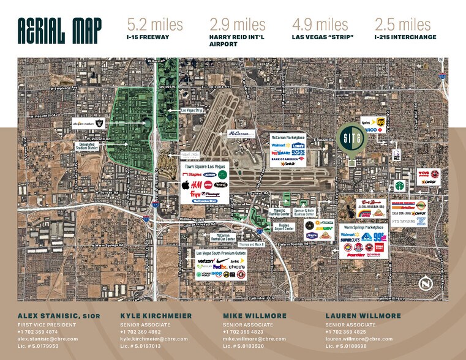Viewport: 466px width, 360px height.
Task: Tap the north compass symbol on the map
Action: coord(426,283)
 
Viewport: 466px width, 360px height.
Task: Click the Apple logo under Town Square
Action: coord(184,184)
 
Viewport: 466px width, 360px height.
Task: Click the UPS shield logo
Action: coord(381,121)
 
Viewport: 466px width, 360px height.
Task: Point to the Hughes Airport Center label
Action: coord(282,226)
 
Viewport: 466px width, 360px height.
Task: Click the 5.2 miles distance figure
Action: coord(155,25)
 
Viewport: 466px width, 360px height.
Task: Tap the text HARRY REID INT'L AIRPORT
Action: coord(238,40)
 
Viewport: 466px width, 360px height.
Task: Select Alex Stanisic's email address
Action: coord(48,339)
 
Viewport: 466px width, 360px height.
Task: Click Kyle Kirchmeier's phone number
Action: coord(140,332)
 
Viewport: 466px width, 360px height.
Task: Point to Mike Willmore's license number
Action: coord(244,345)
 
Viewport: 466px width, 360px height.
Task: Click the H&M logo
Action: coord(197,184)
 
